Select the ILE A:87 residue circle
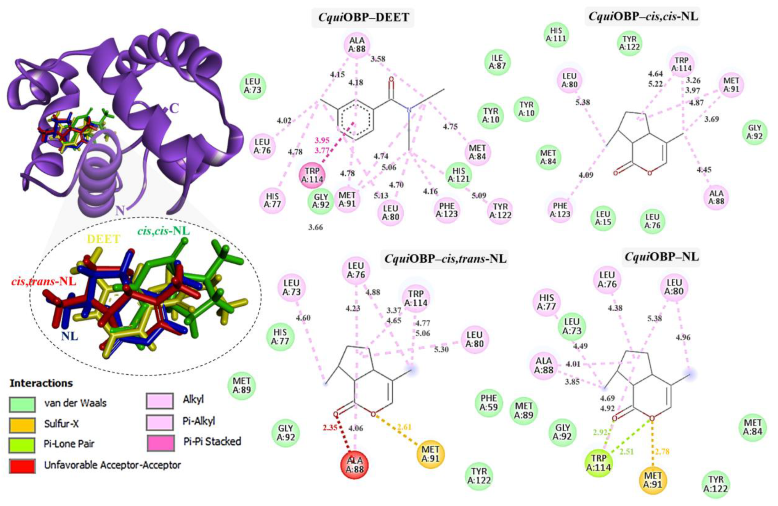pos(497,62)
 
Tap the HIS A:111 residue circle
pos(556,34)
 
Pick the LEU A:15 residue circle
pos(603,218)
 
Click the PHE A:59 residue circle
pos(489,402)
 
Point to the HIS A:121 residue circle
pos(458,175)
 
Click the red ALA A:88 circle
pos(355,465)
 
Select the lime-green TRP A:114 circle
pos(598,463)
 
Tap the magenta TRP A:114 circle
pos(312,175)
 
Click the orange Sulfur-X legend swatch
pos(22,424)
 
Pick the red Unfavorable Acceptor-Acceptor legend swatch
pos(22,465)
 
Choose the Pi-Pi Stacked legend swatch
pos(160,442)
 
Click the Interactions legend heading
pos(41,383)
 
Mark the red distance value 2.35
pos(330,428)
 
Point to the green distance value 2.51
pos(627,451)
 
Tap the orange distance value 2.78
pos(662,451)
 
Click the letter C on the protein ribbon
pos(174,108)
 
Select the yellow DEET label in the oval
pos(103,239)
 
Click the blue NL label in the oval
pos(70,336)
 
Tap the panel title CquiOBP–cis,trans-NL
pos(445,259)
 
